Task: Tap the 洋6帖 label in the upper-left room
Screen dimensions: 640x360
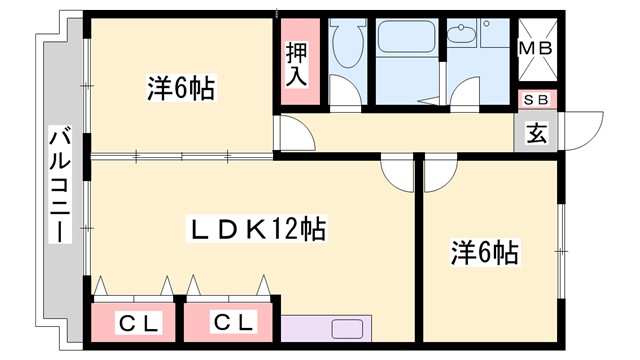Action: point(181,89)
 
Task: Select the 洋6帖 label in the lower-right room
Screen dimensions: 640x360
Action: point(483,254)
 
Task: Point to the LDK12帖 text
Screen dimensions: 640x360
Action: point(259,230)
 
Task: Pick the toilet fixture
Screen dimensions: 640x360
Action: point(348,45)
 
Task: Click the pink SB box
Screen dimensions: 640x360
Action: point(536,100)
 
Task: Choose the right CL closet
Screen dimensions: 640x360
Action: point(232,322)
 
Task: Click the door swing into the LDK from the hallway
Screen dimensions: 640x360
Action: point(397,173)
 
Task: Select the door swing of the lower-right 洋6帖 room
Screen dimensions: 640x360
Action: point(440,173)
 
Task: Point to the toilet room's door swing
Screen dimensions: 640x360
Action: point(346,95)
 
